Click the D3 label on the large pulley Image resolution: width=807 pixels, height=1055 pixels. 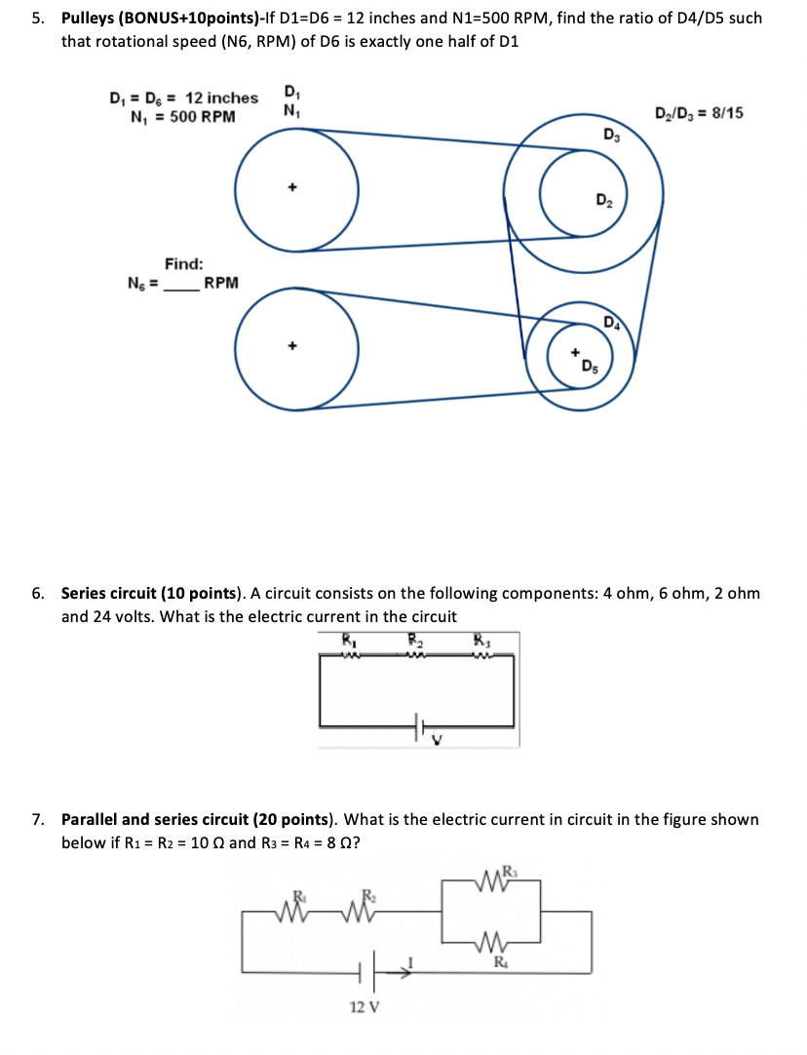tap(610, 136)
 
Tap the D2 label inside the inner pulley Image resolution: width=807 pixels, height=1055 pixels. tap(604, 202)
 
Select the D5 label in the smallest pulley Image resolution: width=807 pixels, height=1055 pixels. tap(591, 368)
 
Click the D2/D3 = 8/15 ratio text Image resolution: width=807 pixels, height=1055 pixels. tap(700, 113)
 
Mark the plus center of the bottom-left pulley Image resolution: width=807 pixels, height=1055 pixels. tap(290, 345)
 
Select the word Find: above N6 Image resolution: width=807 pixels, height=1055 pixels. tap(184, 263)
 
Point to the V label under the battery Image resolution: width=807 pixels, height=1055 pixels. tap(438, 742)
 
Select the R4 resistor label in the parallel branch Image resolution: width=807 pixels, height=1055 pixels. tap(499, 961)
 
